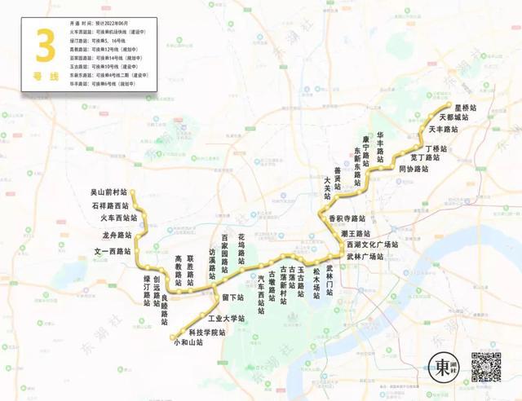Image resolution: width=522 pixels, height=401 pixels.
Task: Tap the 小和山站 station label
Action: point(188,343)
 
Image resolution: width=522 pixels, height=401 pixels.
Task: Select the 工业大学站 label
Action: point(226,318)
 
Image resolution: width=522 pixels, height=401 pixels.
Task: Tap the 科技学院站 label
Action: point(206,332)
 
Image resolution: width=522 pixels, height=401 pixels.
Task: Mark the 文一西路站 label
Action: point(113,252)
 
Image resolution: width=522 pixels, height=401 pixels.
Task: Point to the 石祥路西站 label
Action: point(115,205)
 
